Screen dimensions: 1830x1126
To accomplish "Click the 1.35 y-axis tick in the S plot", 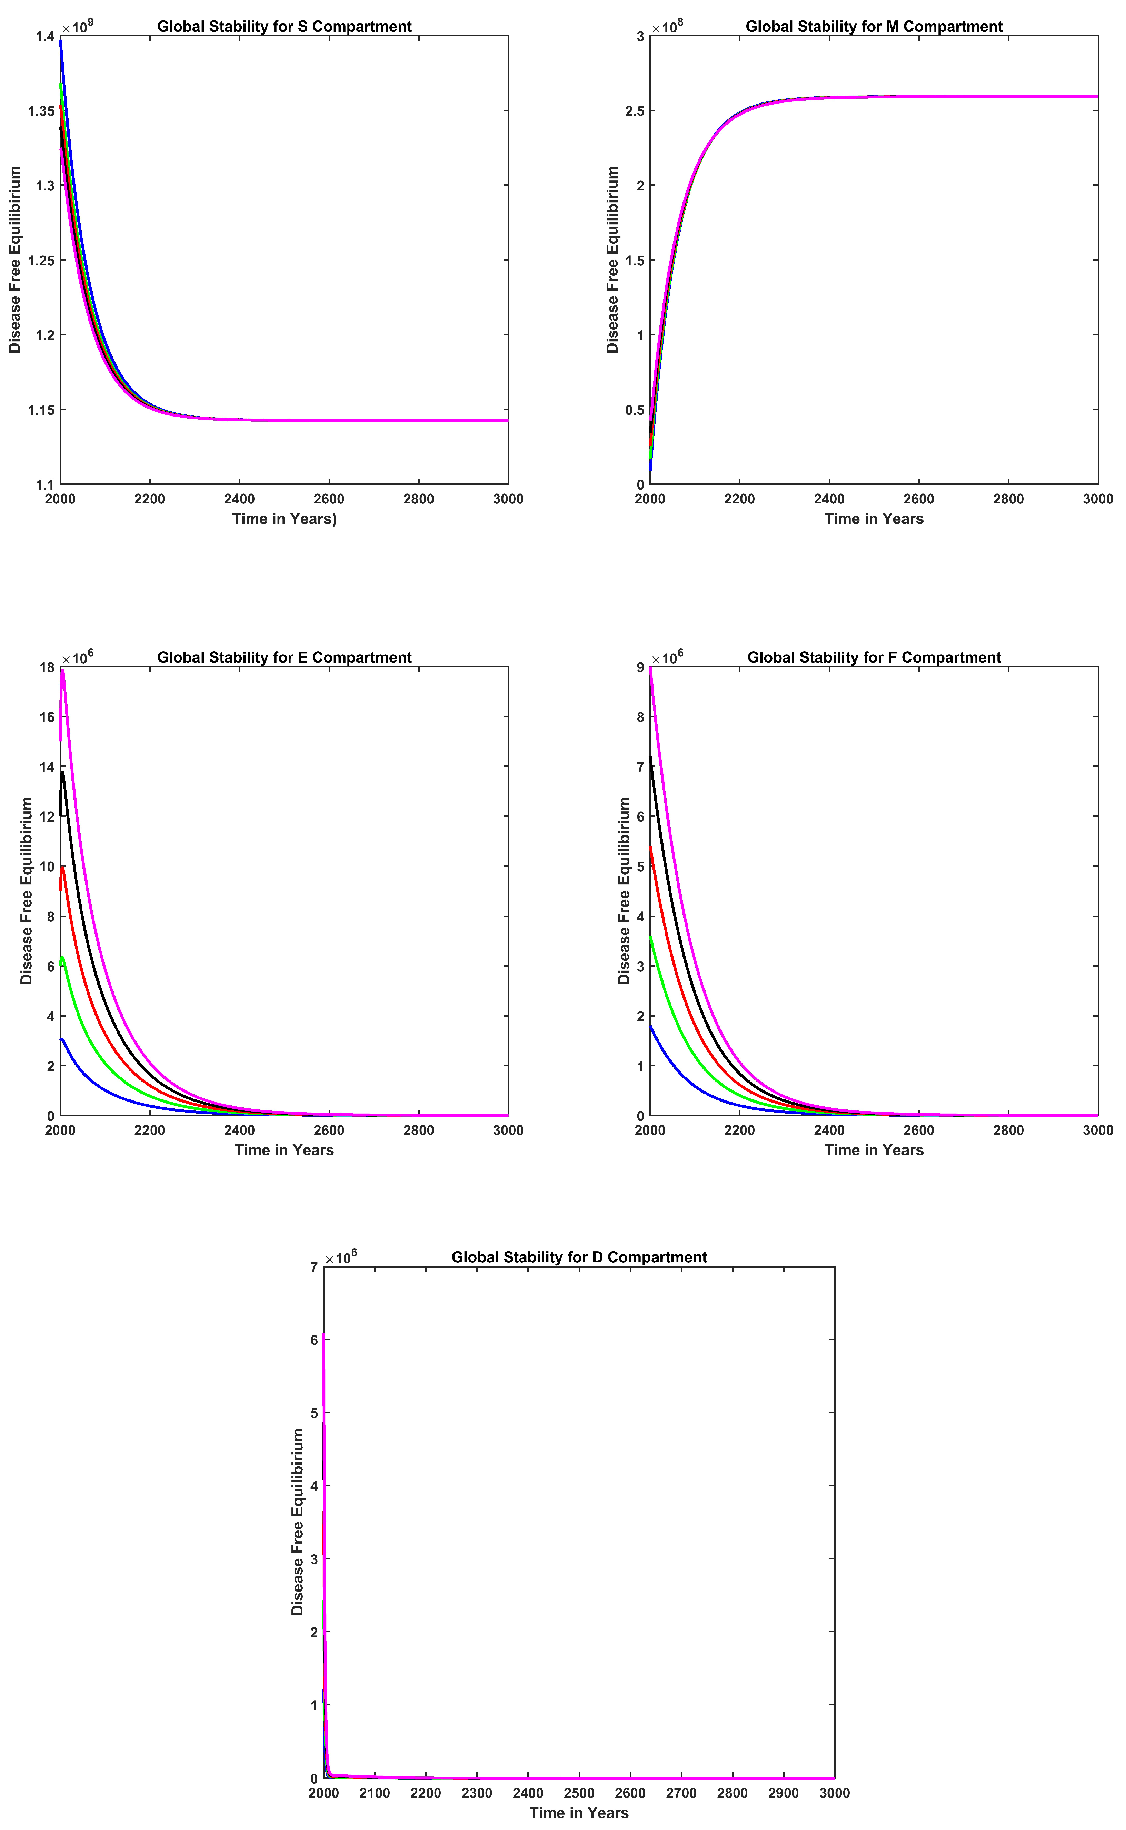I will pos(42,111).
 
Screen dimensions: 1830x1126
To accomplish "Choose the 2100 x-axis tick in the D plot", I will pos(375,1793).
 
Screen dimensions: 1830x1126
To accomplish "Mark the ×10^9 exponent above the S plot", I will pos(77,28).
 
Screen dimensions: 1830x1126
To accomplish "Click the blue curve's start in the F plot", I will pos(651,1027).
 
